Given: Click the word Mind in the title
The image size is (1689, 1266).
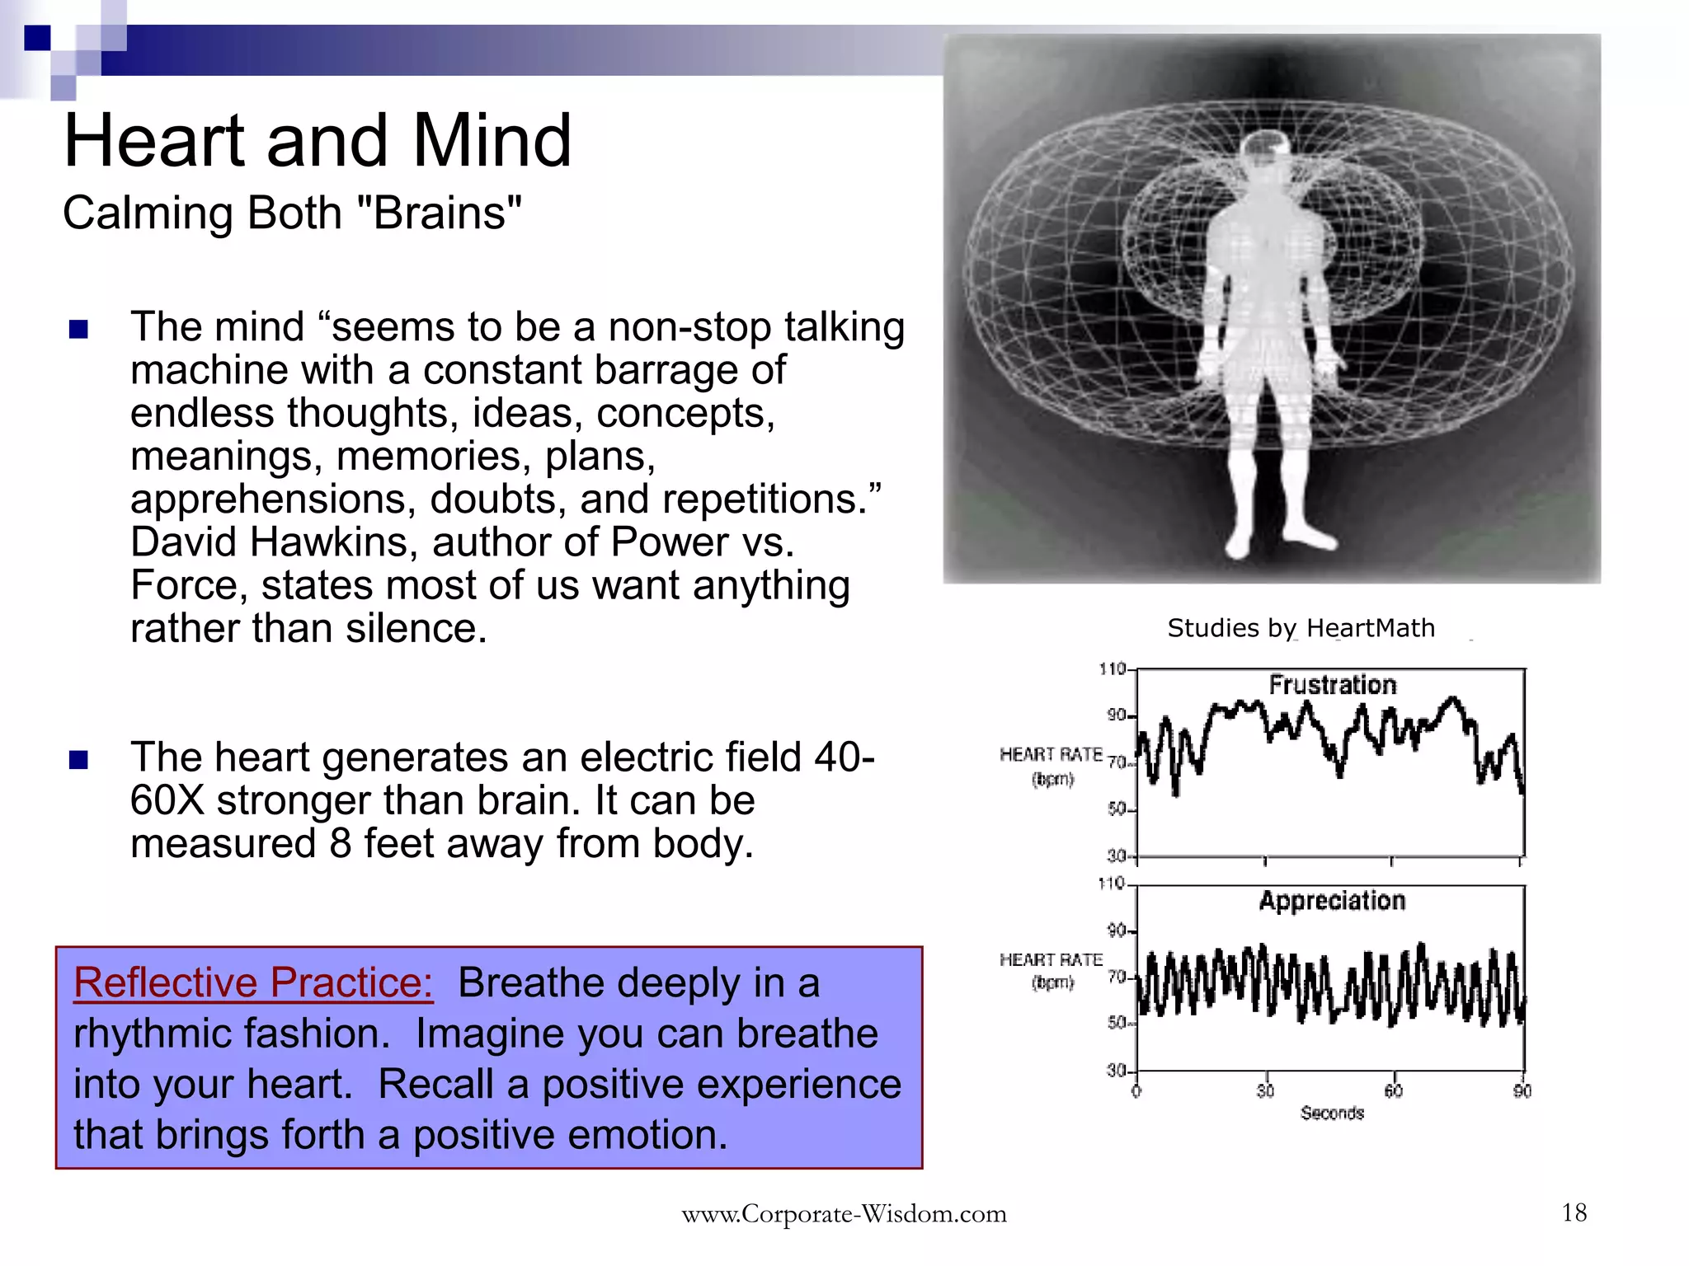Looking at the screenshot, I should (492, 140).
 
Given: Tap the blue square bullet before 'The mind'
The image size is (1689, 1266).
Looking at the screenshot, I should (78, 330).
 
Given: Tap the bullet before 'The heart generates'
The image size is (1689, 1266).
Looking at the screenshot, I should (78, 759).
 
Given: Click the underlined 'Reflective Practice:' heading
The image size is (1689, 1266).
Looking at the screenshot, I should (253, 982).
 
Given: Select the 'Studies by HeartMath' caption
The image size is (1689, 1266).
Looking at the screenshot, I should (1301, 628).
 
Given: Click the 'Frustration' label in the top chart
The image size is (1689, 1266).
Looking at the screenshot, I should (1332, 685).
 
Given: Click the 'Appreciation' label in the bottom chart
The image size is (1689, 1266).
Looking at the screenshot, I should (1332, 901).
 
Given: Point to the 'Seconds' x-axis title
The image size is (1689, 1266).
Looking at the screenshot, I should (1332, 1113).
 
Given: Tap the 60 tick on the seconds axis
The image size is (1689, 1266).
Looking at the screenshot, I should (1393, 1091).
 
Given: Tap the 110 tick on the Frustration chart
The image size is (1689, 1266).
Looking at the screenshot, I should (1113, 668).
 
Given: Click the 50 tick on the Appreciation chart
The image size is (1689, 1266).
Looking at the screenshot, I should (1116, 1023).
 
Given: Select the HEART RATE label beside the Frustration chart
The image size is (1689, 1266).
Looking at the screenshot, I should (1051, 755).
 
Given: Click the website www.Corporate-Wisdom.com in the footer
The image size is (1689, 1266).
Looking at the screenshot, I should (844, 1214).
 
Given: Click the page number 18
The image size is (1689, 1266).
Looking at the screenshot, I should (1574, 1212).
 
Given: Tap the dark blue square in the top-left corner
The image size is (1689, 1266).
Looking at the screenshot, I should (37, 38).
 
